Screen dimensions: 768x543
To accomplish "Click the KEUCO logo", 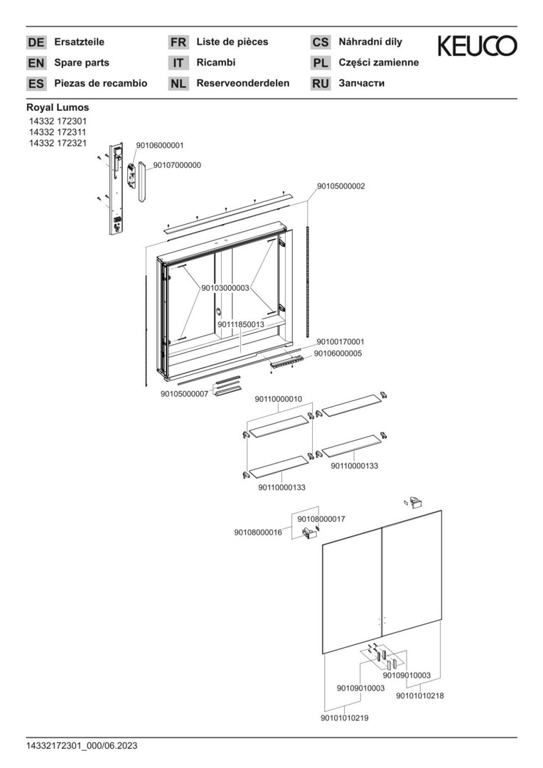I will (x=477, y=46).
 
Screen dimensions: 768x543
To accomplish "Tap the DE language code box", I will (x=36, y=43).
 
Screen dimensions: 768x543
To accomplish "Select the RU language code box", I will (x=321, y=84).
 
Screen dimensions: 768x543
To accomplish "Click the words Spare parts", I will (x=82, y=63).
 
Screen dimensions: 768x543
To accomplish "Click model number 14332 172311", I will (x=58, y=132).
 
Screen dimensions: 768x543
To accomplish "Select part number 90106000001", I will (x=159, y=145).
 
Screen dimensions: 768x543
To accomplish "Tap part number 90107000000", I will (x=177, y=165).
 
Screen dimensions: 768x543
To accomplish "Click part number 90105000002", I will (x=341, y=186).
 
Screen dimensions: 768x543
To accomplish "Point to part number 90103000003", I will (x=225, y=288).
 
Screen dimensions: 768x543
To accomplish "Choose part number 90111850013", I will (x=241, y=324).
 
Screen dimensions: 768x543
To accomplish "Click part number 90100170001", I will (x=340, y=341).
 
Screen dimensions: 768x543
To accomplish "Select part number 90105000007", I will (x=185, y=393).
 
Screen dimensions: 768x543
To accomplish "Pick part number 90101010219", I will (x=345, y=718).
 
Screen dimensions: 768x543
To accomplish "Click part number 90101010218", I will (x=420, y=696).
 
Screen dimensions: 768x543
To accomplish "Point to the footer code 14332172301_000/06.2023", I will (x=82, y=746).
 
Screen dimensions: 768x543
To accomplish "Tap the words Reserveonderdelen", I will (x=243, y=83).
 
